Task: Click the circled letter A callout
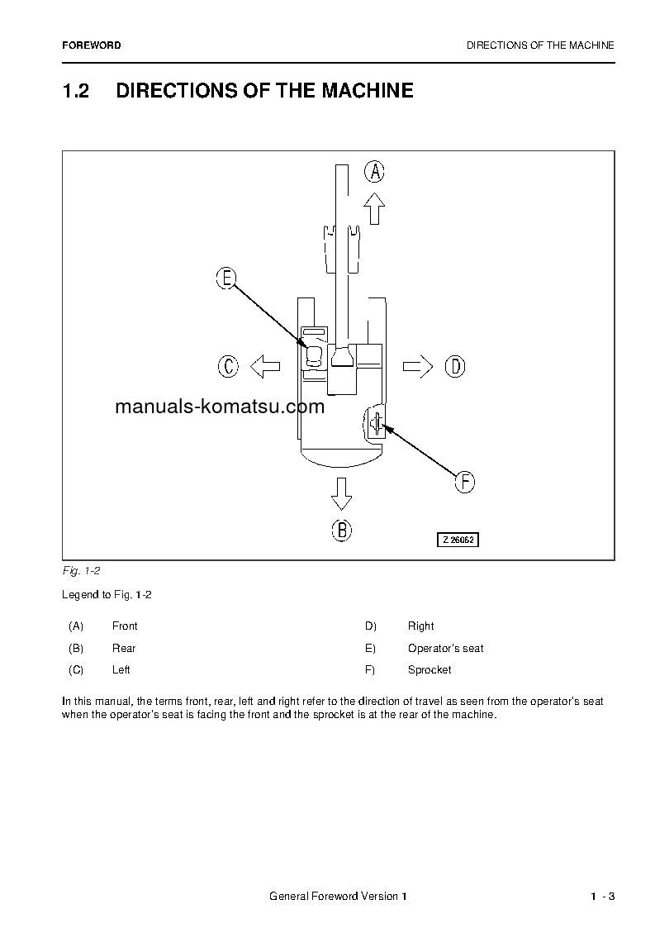click(374, 172)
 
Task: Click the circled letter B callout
click(341, 530)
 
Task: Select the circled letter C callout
click(228, 365)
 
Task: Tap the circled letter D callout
click(455, 365)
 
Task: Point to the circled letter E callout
click(226, 278)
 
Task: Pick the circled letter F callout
click(465, 482)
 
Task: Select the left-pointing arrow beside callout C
click(265, 365)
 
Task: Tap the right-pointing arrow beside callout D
click(417, 365)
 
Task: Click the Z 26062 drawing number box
click(458, 540)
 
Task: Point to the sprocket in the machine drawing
click(375, 424)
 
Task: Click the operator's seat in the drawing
click(314, 356)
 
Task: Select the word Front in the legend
click(125, 626)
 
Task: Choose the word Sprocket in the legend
click(430, 670)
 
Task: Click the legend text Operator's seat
click(445, 649)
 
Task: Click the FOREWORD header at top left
click(91, 45)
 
